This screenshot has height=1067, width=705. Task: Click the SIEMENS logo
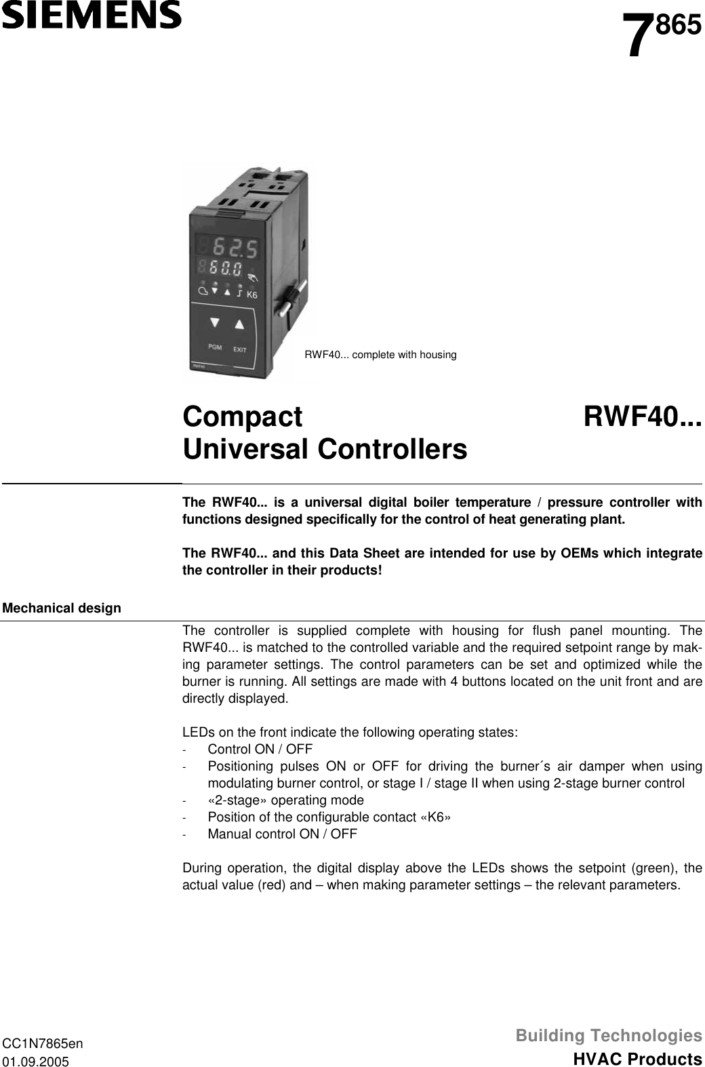point(91,15)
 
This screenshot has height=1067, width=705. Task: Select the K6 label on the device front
point(251,294)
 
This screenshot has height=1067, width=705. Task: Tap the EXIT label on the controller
point(239,350)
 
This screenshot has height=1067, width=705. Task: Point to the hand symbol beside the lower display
point(253,277)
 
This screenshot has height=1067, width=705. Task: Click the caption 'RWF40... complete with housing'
point(380,355)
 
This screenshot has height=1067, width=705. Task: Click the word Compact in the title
point(243,416)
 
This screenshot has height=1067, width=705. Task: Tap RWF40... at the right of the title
point(643,416)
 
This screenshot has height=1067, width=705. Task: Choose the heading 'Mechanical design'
point(62,608)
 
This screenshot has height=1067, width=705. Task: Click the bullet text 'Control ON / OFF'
point(260,750)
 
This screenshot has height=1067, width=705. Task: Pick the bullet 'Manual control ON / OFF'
point(282,834)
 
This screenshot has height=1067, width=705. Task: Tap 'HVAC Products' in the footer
point(637,1059)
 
